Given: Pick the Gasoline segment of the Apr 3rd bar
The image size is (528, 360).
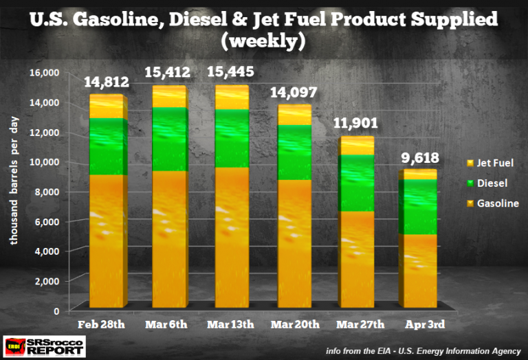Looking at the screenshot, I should [417, 271].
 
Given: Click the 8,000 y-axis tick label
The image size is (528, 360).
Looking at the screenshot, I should [49, 192].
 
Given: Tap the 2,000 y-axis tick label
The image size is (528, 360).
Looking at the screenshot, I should [49, 281].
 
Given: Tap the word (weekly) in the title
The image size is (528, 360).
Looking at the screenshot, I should [264, 41].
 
